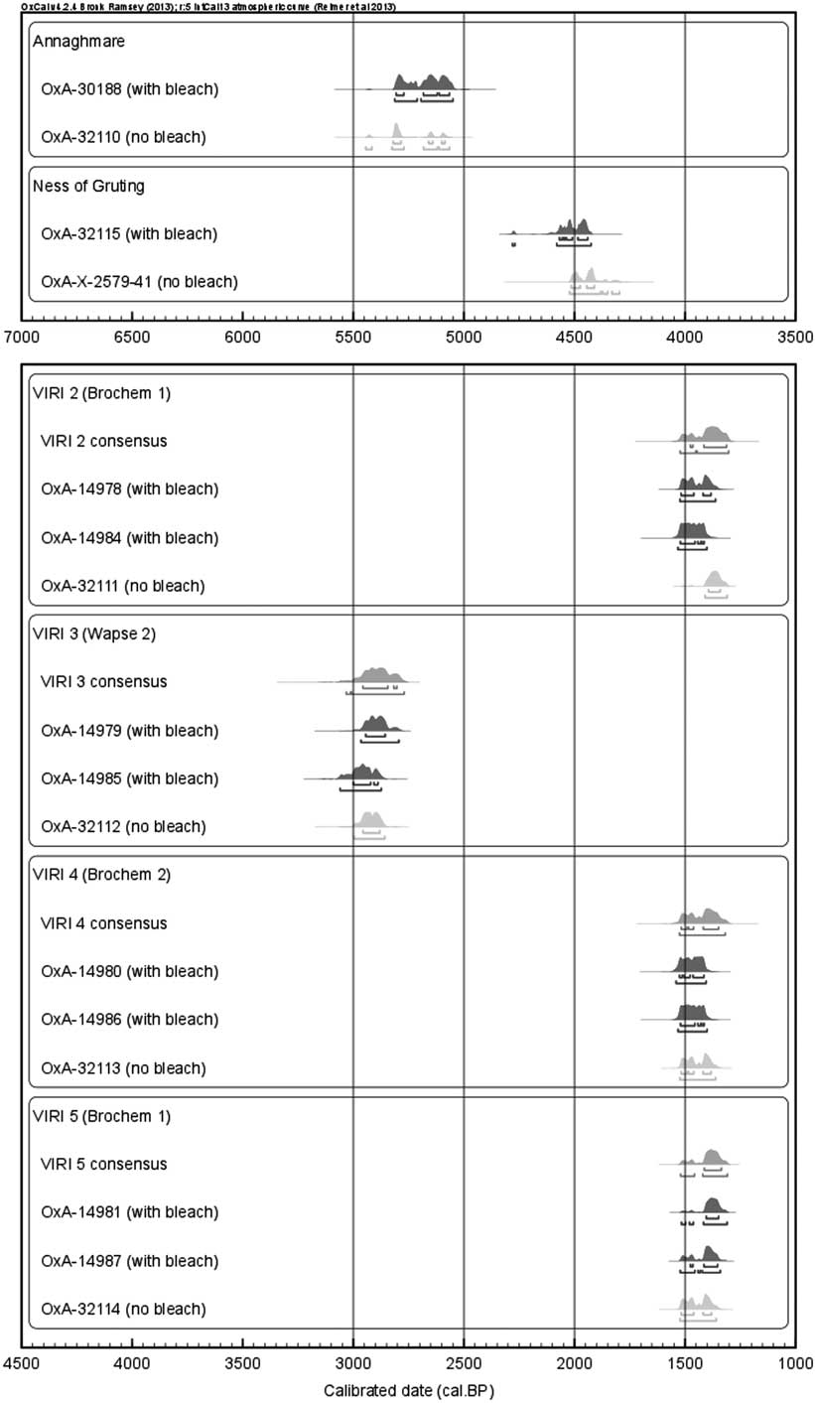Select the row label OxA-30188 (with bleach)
[x=129, y=89]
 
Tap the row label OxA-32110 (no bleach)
[x=123, y=136]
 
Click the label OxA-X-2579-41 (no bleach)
[x=139, y=282]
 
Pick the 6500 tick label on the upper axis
[x=131, y=336]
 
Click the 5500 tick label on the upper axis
[x=353, y=336]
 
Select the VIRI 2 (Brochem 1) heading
[x=101, y=392]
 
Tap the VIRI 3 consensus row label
[x=103, y=681]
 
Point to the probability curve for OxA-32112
[x=370, y=820]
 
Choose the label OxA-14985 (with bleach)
[x=129, y=777]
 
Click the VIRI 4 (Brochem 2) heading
[x=101, y=875]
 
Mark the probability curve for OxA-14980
[x=692, y=965]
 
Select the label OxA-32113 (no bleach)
[x=123, y=1067]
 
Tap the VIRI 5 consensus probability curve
[x=713, y=1157]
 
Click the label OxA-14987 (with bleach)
[x=129, y=1260]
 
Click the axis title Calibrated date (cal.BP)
[x=408, y=1390]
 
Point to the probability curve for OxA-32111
[x=716, y=580]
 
